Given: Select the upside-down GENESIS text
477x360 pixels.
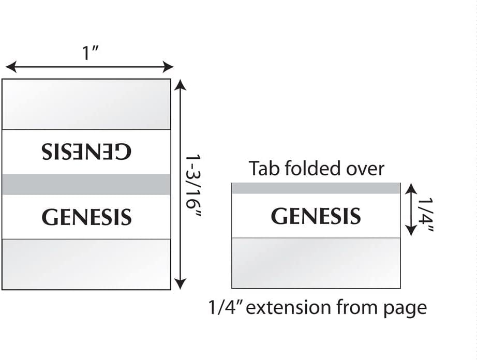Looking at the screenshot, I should [x=86, y=152].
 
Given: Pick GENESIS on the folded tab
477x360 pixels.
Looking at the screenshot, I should [x=316, y=216].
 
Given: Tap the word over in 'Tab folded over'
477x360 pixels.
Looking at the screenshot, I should [x=367, y=169].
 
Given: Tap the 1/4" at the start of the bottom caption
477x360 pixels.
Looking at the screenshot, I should [x=225, y=308].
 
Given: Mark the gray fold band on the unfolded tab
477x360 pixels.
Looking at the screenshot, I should [x=86, y=184].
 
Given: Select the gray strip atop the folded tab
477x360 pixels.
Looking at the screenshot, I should [x=316, y=188].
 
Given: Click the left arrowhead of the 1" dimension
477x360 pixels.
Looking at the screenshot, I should [x=9, y=67].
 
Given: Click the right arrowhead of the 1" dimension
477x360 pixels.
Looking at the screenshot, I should [x=169, y=67].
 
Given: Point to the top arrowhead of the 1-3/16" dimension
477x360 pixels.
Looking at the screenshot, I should [x=180, y=83].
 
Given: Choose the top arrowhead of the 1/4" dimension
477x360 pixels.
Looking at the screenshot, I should [x=410, y=188].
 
